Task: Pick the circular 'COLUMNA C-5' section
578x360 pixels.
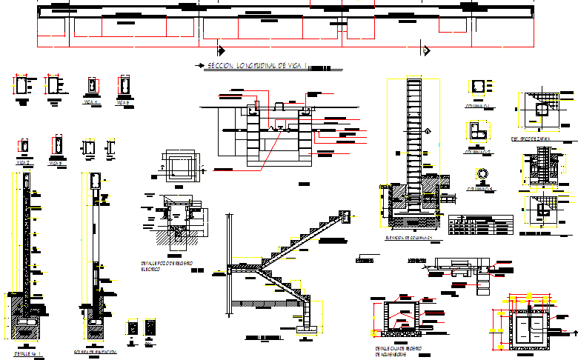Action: click(x=482, y=174)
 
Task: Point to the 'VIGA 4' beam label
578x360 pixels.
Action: click(x=91, y=101)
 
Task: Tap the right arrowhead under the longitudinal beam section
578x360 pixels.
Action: click(x=426, y=49)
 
